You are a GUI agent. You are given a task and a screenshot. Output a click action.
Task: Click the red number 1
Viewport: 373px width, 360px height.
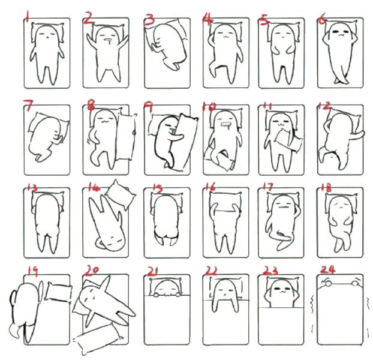(28, 16)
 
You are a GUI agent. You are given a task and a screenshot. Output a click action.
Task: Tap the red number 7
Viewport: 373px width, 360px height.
(28, 106)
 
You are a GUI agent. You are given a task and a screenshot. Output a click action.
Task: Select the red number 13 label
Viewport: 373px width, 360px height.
(32, 188)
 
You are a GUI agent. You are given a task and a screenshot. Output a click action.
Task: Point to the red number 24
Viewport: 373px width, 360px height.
(327, 269)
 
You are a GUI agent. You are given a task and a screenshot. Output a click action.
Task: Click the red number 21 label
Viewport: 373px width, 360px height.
(153, 271)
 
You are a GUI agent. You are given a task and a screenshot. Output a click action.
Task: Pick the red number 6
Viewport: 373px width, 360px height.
(322, 20)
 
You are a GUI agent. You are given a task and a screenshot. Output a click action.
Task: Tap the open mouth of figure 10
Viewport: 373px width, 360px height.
(225, 125)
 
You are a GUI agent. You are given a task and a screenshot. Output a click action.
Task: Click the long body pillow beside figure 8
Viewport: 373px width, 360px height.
(126, 137)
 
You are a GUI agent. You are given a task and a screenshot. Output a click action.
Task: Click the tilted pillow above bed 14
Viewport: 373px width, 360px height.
(121, 195)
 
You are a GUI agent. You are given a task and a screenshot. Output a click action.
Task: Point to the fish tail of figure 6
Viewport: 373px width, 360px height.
(341, 79)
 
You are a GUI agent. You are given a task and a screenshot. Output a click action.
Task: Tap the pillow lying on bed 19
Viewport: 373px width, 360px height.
(58, 292)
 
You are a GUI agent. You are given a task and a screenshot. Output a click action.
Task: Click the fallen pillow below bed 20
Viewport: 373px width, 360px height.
(98, 339)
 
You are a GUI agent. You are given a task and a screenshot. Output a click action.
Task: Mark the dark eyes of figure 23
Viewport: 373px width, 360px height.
(281, 289)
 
